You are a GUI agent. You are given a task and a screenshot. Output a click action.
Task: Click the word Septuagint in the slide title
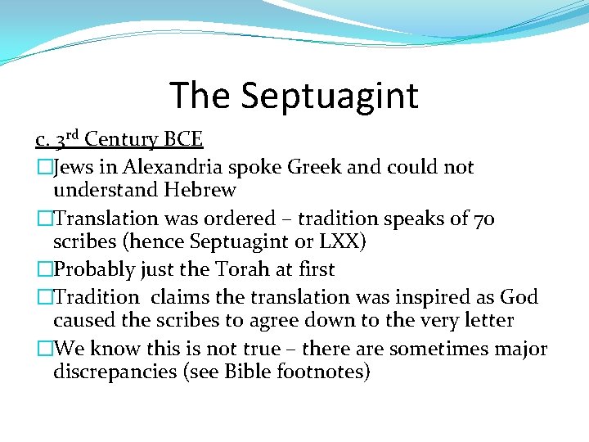pyautogui.click(x=329, y=96)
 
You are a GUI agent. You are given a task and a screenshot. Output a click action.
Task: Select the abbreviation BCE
pyautogui.click(x=184, y=140)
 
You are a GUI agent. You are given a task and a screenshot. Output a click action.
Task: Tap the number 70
pyautogui.click(x=483, y=219)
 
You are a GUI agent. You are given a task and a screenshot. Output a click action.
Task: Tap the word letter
pyautogui.click(x=483, y=321)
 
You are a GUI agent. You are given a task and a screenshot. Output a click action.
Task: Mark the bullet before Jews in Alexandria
pyautogui.click(x=44, y=169)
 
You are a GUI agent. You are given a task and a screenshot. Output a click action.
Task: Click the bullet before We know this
pyautogui.click(x=44, y=350)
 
